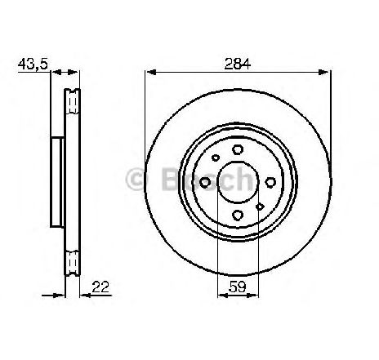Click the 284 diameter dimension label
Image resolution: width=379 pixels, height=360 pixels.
coord(237,64)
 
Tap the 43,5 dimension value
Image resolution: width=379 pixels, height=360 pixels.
coord(33,64)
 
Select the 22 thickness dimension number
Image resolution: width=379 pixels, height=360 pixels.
coord(100,287)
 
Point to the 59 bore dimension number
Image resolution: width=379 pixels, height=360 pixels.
coord(238,287)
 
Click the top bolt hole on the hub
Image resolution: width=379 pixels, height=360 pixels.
coord(238,149)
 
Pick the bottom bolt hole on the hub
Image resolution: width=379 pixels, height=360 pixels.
coord(238,215)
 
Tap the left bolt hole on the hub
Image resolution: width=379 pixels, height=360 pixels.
coord(205,182)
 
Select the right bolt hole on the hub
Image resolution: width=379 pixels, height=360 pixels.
coord(270,182)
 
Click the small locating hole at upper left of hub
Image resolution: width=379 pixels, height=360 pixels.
coord(216,158)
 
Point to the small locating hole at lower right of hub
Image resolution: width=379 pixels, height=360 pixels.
coord(260,207)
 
